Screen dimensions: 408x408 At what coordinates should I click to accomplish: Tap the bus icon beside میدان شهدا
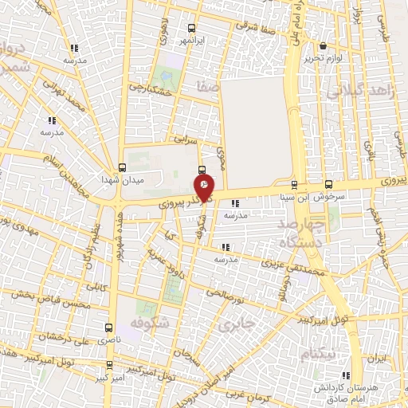(121, 167)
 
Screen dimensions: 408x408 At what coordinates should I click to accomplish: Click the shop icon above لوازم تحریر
(323, 46)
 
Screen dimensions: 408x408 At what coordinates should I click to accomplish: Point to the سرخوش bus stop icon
(329, 183)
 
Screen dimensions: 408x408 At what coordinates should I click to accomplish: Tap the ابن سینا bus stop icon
(294, 183)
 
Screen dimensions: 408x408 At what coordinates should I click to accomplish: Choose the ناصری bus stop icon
(110, 328)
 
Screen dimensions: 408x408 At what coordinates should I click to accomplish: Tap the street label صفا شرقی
(257, 22)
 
